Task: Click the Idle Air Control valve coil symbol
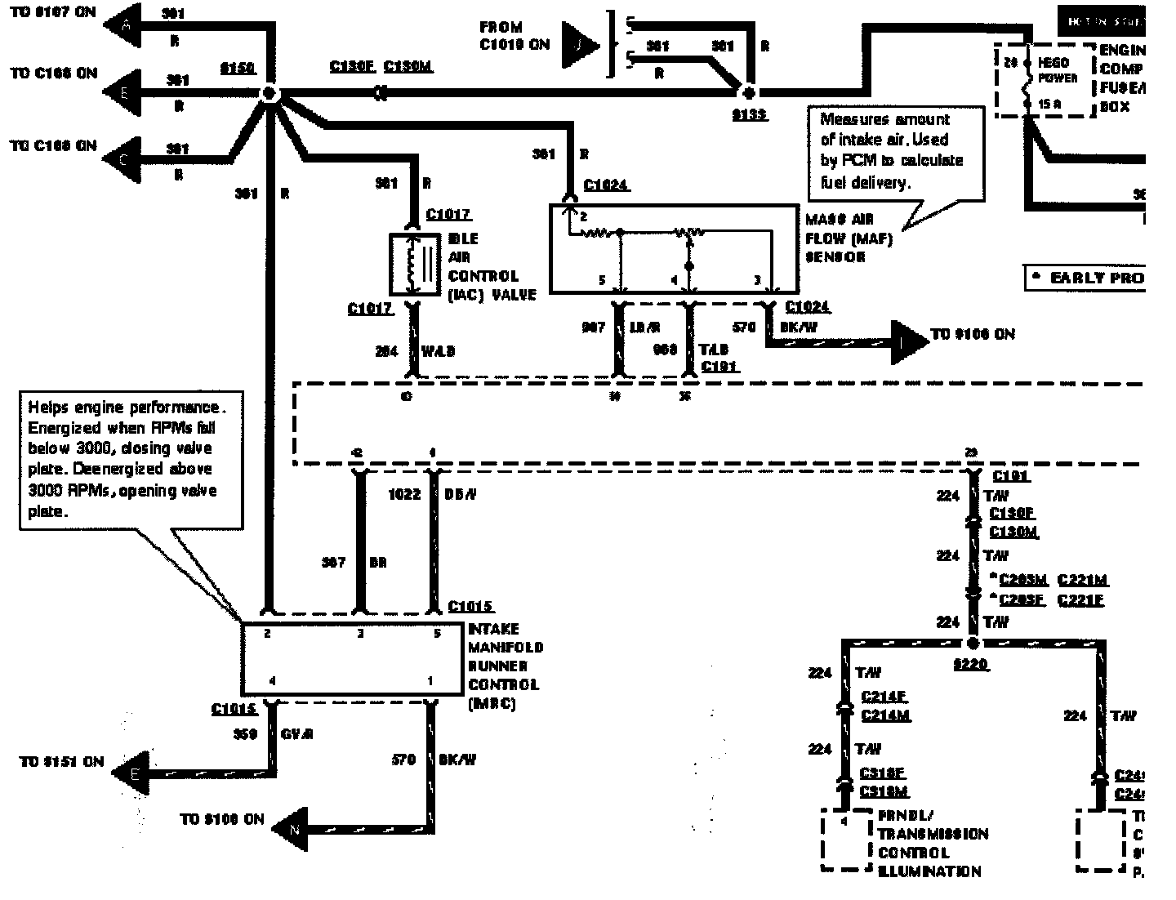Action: coord(415,265)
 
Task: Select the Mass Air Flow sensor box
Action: coord(674,248)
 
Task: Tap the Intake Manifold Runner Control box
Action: coord(351,658)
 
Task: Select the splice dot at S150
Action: coord(269,94)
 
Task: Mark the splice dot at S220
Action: coord(972,644)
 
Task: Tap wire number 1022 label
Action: coord(404,494)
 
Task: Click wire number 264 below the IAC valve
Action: coord(386,351)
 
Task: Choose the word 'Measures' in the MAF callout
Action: coord(849,119)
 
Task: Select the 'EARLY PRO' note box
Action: coord(1085,278)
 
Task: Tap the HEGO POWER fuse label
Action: coord(1058,70)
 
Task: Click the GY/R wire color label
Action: coord(296,734)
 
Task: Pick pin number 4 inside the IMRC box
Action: coord(273,679)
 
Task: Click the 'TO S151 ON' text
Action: coord(61,761)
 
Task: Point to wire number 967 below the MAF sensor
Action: coord(593,327)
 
